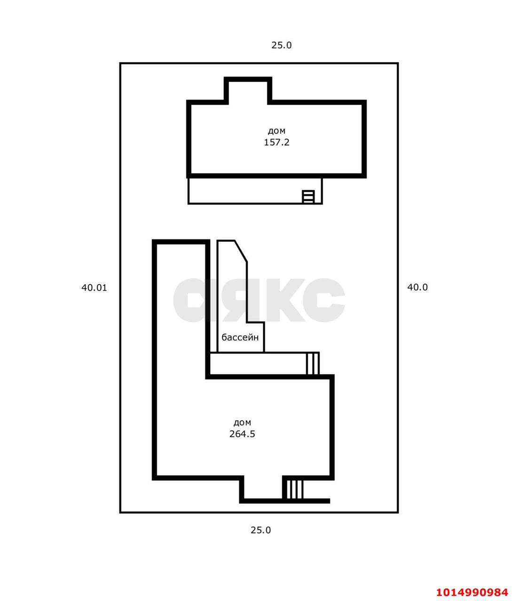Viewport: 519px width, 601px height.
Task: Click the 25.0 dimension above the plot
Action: [281, 46]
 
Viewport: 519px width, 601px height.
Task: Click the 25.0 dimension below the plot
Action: [260, 531]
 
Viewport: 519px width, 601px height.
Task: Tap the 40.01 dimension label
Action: [94, 288]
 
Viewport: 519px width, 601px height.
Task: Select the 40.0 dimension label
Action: [417, 287]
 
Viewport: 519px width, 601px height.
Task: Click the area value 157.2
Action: [276, 142]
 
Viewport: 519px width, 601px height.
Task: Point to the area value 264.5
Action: [242, 434]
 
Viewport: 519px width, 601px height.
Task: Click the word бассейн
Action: [240, 337]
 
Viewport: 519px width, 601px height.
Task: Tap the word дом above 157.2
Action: [276, 131]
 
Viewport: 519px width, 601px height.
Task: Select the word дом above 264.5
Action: [242, 423]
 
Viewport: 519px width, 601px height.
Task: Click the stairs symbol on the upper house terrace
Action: [308, 196]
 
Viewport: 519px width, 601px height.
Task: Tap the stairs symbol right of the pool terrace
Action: [313, 363]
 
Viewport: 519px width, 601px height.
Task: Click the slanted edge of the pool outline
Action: [241, 251]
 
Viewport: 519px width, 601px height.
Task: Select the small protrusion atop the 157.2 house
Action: [248, 91]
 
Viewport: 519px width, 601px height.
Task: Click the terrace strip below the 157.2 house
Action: [255, 191]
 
